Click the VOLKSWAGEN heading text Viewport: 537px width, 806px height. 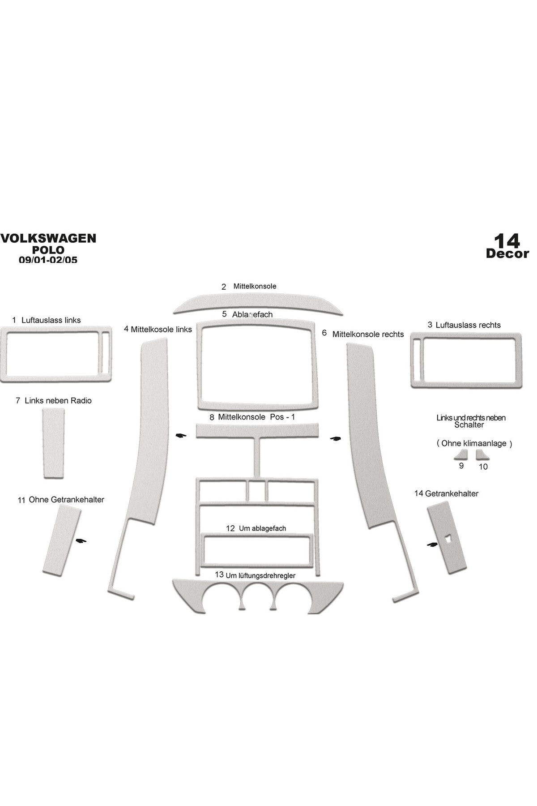tap(48, 238)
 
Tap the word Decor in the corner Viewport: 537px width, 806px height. tap(507, 253)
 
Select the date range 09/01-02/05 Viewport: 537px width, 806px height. tap(48, 259)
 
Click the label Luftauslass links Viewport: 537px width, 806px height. tap(51, 320)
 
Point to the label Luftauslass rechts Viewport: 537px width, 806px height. tap(468, 325)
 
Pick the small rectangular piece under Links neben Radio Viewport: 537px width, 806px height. tap(53, 443)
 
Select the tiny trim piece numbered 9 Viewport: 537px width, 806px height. tap(461, 455)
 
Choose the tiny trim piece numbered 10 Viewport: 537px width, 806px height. tap(482, 455)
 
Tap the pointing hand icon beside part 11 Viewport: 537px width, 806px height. tap(81, 541)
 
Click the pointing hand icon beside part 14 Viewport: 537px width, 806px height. tap(432, 544)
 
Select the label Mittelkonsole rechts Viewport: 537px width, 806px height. tap(368, 334)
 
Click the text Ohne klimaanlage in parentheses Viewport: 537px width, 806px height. tap(474, 443)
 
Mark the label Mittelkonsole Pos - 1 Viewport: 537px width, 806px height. tap(256, 417)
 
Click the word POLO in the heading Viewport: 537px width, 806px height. tap(48, 250)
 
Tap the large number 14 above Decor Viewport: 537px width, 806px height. tap(507, 241)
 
